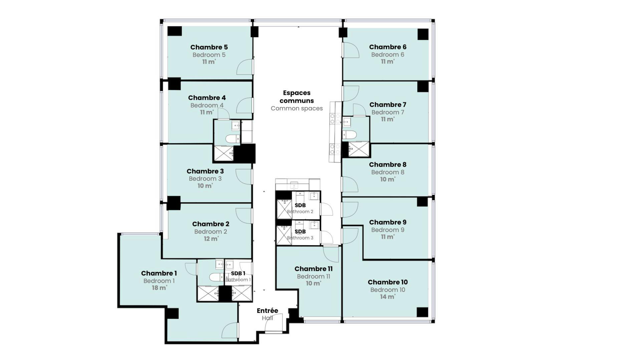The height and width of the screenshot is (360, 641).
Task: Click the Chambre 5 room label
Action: pos(209,47)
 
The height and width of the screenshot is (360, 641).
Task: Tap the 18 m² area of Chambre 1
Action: pos(159,288)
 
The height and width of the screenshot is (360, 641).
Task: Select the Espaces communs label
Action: pos(296,97)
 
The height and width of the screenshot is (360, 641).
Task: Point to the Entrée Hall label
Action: pos(267,314)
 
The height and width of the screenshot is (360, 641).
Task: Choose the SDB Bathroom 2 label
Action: pos(300,208)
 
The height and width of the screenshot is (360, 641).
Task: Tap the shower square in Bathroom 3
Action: pos(284,235)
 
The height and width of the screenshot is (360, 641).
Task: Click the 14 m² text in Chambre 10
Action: pos(387,297)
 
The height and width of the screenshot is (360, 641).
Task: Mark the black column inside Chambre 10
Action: pos(422,312)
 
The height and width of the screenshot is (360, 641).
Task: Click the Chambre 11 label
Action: pos(313,269)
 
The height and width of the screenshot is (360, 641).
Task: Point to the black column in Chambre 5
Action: pos(175,31)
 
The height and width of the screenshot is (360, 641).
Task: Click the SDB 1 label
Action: pos(238,274)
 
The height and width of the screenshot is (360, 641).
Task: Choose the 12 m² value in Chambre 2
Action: pos(211,239)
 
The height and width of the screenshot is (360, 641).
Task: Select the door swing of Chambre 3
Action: pos(244,176)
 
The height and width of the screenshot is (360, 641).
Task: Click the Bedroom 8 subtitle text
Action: pos(388,172)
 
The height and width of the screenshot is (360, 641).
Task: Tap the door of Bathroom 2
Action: pos(327,209)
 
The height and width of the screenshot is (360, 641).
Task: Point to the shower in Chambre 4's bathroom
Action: pos(223,153)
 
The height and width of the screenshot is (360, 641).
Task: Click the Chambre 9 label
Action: pos(388,222)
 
